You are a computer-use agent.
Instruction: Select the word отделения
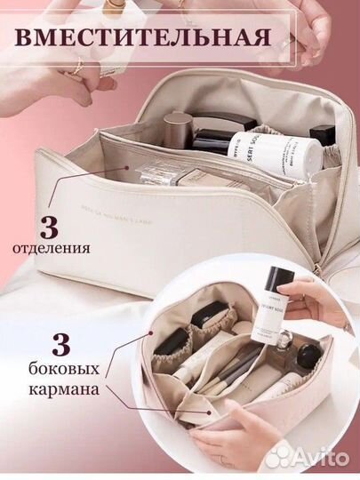coord(52,249)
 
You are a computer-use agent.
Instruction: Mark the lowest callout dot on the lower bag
coord(206,412)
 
